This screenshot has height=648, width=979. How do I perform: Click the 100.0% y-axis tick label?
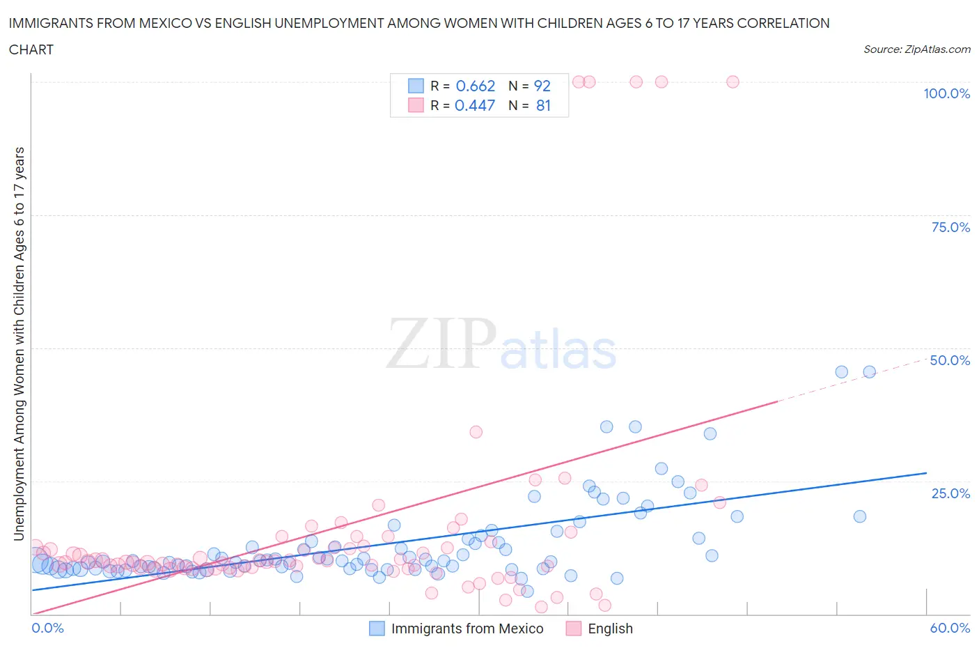[x=946, y=93]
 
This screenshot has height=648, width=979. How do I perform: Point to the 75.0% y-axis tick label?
[x=950, y=227]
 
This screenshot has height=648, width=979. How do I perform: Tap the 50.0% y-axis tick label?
[x=950, y=360]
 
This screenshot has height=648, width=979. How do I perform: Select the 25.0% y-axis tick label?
[x=950, y=493]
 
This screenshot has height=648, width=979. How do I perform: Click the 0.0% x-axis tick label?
[x=47, y=628]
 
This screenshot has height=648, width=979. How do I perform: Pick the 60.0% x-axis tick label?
[x=950, y=628]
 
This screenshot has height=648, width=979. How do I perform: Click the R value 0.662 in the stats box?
[x=475, y=86]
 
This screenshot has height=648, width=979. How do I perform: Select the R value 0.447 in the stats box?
[x=474, y=105]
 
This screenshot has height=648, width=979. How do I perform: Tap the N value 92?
[x=542, y=86]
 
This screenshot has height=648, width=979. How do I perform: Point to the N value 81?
[x=543, y=105]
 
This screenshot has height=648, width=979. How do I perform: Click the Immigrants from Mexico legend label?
[x=467, y=628]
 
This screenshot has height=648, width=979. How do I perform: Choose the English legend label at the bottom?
[x=610, y=628]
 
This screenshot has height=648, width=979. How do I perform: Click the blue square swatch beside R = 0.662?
[x=416, y=86]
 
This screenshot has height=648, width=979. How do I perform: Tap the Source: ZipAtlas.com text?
[x=916, y=49]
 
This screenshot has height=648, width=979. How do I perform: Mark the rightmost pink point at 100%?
[x=733, y=82]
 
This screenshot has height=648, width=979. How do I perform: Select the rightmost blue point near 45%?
[x=869, y=372]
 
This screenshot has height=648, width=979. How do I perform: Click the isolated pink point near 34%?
[x=476, y=432]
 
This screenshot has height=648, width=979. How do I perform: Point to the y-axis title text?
[x=19, y=344]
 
